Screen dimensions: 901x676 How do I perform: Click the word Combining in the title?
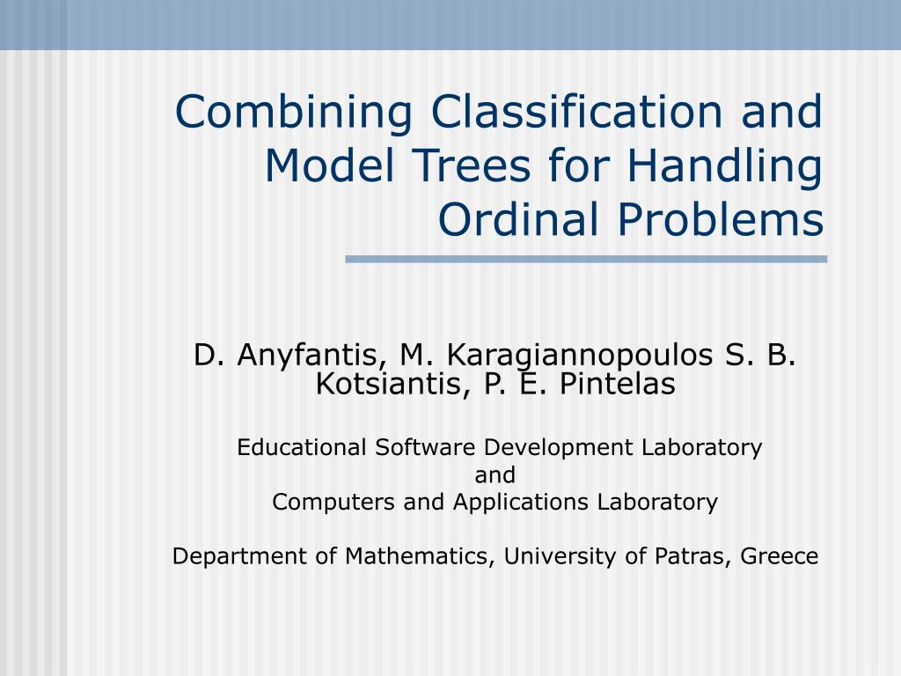(x=294, y=114)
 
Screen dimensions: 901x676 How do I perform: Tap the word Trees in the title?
(x=472, y=165)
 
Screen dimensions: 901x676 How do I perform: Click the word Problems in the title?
(x=721, y=219)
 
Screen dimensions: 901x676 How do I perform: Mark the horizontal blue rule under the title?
(x=586, y=260)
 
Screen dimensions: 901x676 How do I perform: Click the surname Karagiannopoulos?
(x=579, y=356)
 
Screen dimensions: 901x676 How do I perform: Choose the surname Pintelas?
(x=617, y=384)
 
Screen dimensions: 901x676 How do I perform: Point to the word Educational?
(x=302, y=447)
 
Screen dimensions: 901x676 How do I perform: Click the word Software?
(x=425, y=447)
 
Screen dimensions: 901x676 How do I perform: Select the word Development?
(x=559, y=448)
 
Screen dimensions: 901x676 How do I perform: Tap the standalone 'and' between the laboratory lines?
(x=494, y=474)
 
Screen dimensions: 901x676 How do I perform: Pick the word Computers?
(x=333, y=503)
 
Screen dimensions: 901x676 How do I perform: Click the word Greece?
(x=780, y=556)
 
